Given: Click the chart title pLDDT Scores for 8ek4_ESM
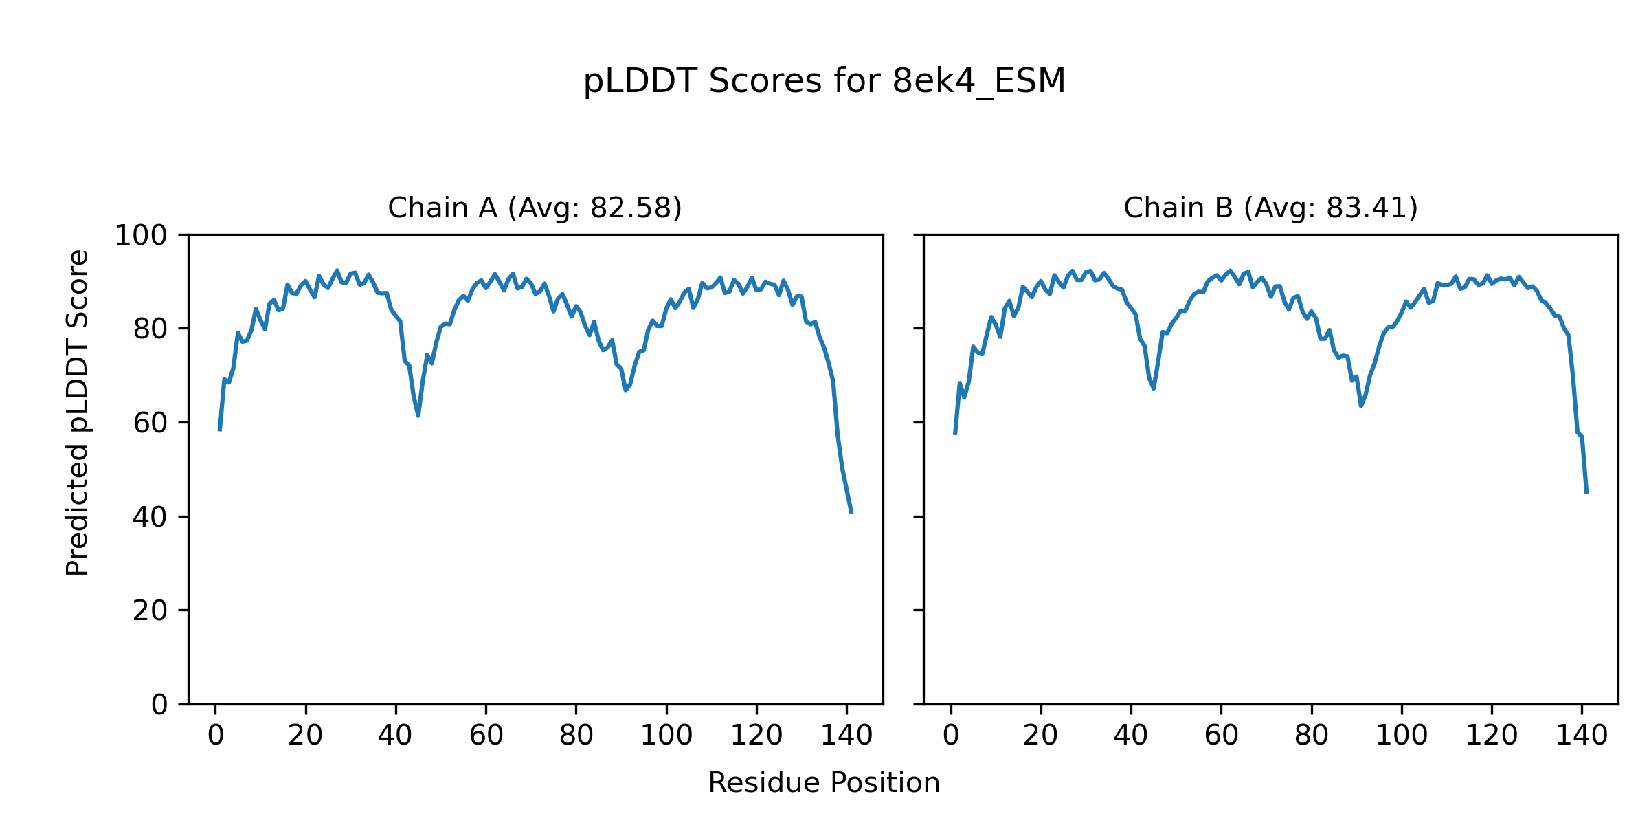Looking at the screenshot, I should click(x=824, y=82).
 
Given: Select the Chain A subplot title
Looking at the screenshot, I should click(x=535, y=208).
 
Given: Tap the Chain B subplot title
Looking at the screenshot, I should click(x=1270, y=208).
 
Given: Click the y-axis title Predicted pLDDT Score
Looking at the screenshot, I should click(x=78, y=412).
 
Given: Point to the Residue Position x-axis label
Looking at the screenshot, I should click(x=824, y=783).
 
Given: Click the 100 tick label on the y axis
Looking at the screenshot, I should click(x=141, y=236).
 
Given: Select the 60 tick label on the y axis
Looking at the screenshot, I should click(x=150, y=423).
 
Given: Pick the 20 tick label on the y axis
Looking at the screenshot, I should click(x=150, y=611).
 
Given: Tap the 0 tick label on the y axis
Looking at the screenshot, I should click(x=159, y=705).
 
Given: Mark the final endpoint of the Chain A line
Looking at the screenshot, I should click(x=851, y=513).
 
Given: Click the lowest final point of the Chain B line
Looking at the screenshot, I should click(x=1586, y=493).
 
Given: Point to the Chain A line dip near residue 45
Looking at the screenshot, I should click(x=418, y=415).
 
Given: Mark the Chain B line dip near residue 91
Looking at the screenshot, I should click(x=1360, y=406).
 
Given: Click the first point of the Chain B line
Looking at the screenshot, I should click(x=955, y=434).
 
